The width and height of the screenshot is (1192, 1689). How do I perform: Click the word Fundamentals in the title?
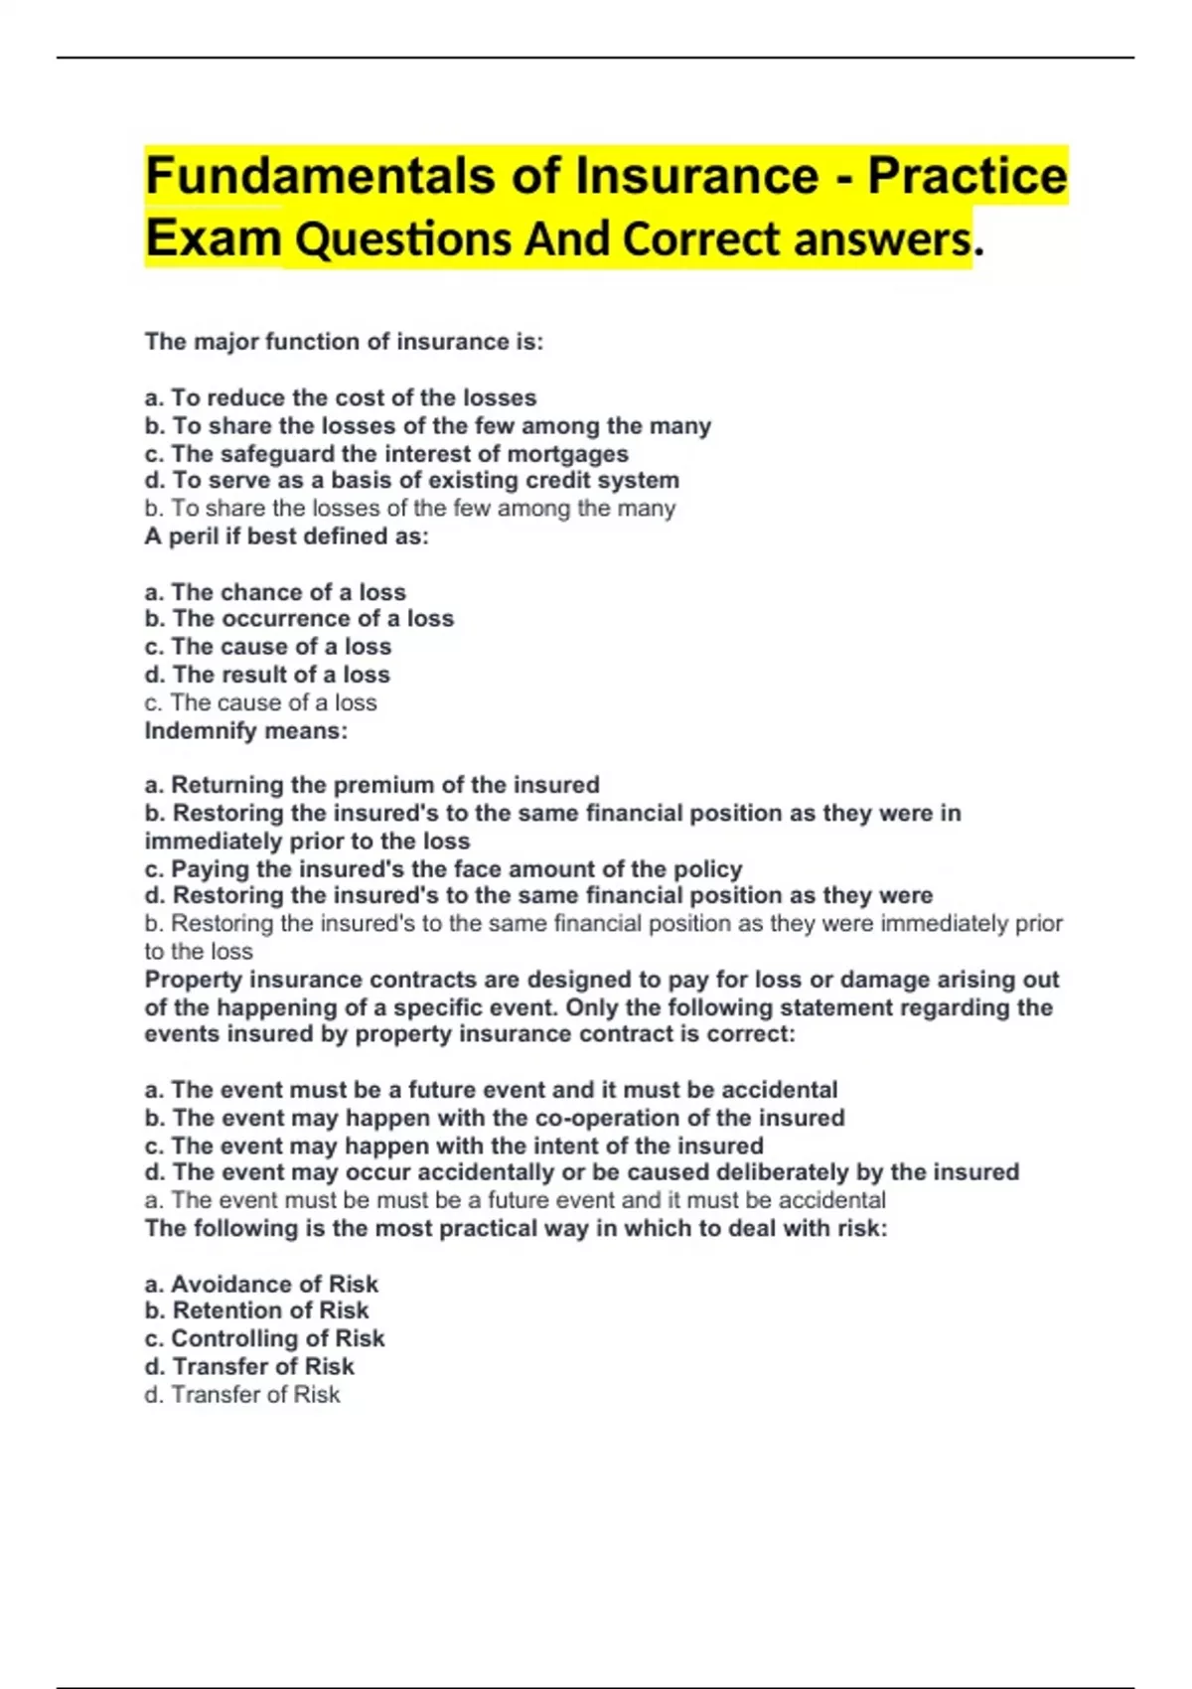click(320, 176)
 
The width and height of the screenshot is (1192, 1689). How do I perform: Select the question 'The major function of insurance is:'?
click(344, 342)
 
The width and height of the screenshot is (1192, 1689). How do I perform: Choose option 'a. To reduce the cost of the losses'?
click(340, 397)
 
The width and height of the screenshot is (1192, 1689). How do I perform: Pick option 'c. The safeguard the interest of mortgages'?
click(386, 454)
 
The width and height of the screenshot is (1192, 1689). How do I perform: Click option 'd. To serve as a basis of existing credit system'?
click(411, 481)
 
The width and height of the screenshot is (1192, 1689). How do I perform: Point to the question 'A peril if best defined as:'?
click(286, 537)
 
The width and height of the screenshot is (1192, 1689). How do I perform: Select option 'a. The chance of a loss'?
click(275, 592)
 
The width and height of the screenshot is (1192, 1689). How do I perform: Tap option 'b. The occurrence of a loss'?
click(299, 619)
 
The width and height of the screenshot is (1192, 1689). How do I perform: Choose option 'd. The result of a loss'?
click(267, 675)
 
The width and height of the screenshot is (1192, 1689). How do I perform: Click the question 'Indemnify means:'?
click(246, 731)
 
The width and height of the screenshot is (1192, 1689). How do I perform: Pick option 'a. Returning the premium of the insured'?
click(372, 785)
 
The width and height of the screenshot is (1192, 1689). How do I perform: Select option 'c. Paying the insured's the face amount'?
click(443, 869)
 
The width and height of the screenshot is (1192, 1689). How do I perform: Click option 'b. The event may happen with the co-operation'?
click(495, 1118)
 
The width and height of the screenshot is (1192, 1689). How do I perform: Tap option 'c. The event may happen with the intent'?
click(454, 1146)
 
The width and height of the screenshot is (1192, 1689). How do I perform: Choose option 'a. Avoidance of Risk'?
click(261, 1284)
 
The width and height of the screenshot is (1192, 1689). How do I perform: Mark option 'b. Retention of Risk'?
click(256, 1310)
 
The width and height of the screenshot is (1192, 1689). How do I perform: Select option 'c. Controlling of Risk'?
click(264, 1338)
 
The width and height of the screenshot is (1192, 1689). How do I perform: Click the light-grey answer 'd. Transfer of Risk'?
click(242, 1395)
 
